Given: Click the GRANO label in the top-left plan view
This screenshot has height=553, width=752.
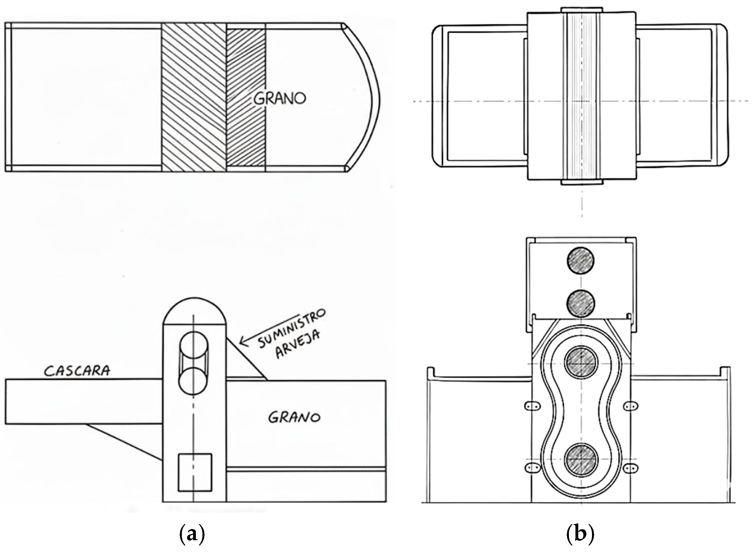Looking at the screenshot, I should tap(280, 98).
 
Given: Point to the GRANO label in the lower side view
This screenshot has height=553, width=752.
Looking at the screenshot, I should tap(294, 417).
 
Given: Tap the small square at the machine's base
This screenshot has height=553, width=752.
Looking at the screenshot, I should tap(195, 472).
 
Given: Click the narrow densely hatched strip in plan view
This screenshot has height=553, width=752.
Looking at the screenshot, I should tap(246, 97).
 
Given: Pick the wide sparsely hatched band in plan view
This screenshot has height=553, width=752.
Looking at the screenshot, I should tap(194, 97).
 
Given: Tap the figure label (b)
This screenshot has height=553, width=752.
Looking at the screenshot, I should tap(580, 535).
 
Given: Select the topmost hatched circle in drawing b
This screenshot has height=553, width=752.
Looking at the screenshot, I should tap(581, 261).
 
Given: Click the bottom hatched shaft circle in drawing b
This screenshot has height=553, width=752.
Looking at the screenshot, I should tap(581, 459).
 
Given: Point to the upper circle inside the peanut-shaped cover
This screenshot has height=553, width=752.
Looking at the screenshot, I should tap(581, 363).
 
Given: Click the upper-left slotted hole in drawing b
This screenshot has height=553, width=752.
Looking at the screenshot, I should tap(532, 406).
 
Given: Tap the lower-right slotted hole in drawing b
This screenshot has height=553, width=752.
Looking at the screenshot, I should tap(630, 468).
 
